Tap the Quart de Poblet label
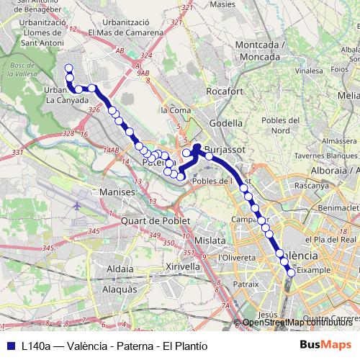pyautogui.click(x=156, y=220)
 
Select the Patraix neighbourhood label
pyautogui.click(x=246, y=284)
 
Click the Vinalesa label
pyautogui.click(x=309, y=71)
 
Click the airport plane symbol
pyautogui.click(x=77, y=206)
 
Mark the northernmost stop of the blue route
pyautogui.click(x=69, y=68)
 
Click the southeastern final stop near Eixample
pyautogui.click(x=291, y=272)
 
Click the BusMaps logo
pyautogui.click(x=325, y=345)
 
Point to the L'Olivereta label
pyautogui.click(x=237, y=257)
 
